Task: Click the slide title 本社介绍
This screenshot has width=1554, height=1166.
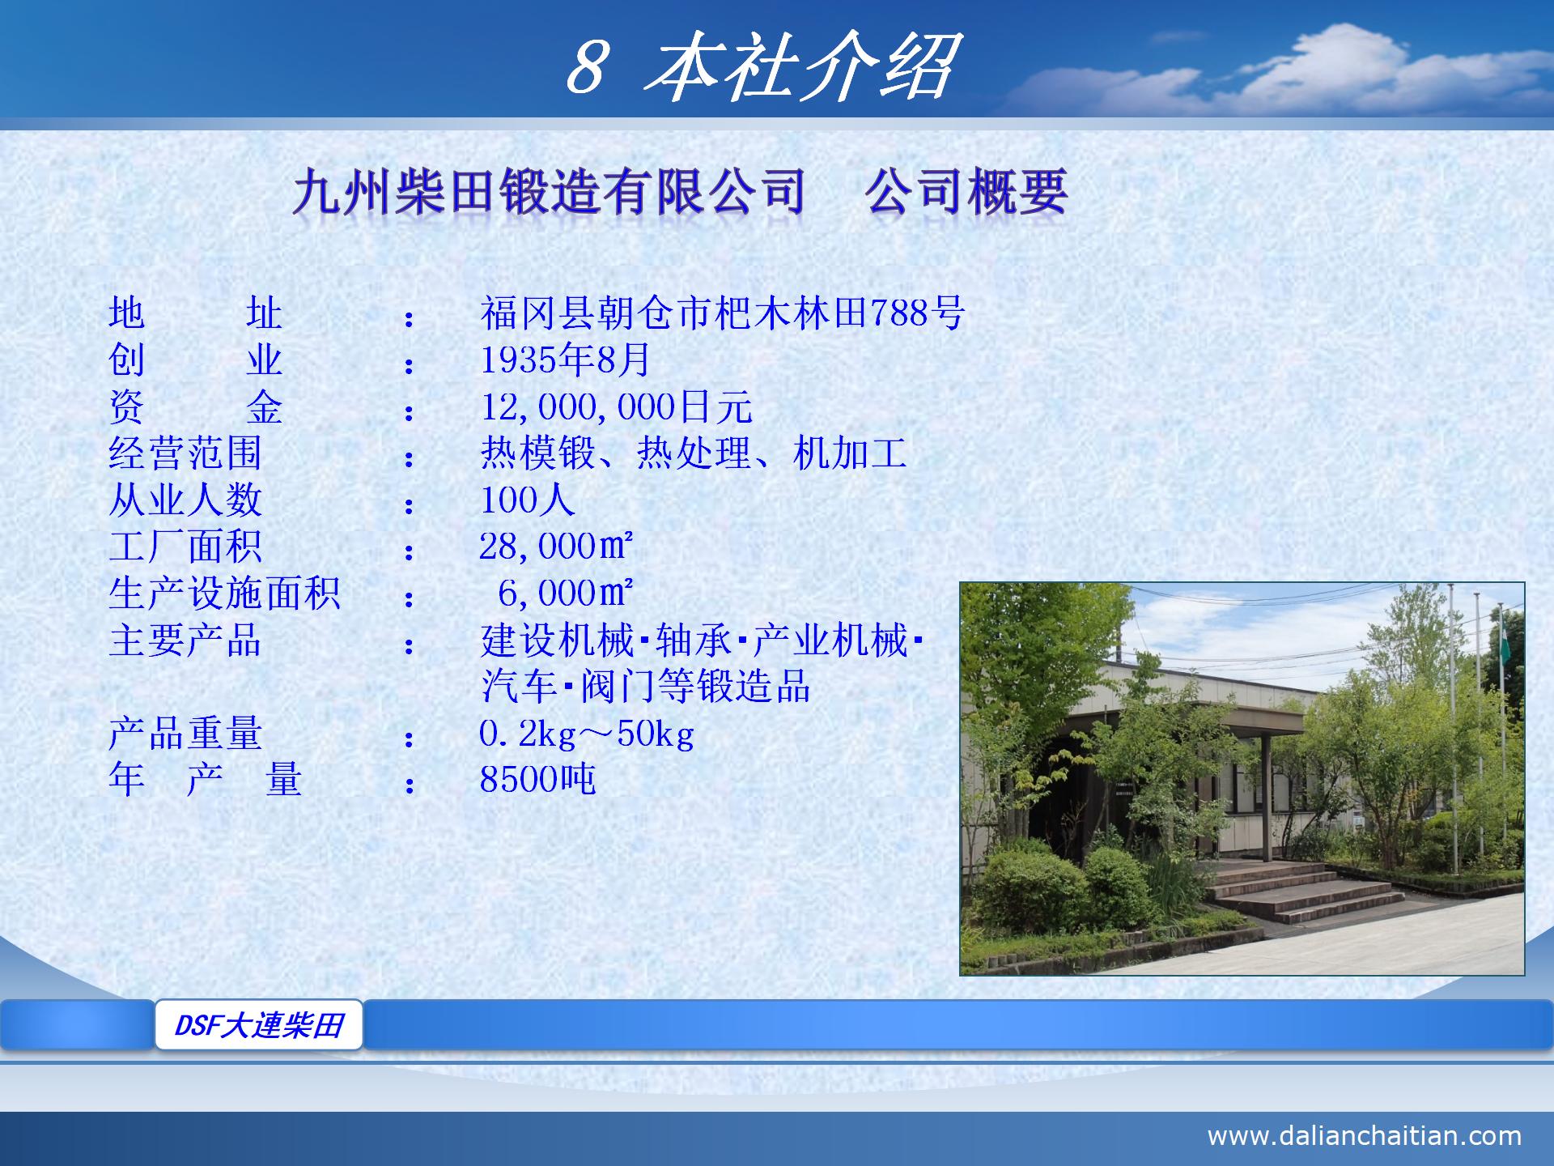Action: coord(801,66)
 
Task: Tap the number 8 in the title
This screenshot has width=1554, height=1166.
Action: coord(586,68)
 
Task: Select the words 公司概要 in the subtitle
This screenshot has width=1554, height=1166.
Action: coord(966,192)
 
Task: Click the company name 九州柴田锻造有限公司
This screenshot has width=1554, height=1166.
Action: coord(549,192)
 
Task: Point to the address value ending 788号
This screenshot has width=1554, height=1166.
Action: coord(722,313)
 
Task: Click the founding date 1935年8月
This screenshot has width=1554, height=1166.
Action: coord(565,360)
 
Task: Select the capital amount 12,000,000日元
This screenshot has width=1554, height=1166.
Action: coord(616,407)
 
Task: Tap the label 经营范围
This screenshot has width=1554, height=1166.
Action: coord(185,453)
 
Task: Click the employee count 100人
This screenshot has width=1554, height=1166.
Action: coord(527,500)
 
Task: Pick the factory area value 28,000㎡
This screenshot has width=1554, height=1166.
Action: coord(555,547)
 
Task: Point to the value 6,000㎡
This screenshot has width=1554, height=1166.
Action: coord(564,594)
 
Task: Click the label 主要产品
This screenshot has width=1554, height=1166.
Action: coord(185,640)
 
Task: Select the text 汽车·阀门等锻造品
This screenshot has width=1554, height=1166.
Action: coord(645,687)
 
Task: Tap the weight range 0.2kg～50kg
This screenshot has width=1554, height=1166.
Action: coord(586,734)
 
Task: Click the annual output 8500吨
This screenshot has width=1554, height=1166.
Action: coord(537,780)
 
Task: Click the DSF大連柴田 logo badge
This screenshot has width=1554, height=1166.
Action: coord(259,1025)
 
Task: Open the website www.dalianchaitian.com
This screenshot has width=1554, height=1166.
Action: coord(1364,1135)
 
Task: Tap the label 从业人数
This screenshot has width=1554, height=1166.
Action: coord(185,500)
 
